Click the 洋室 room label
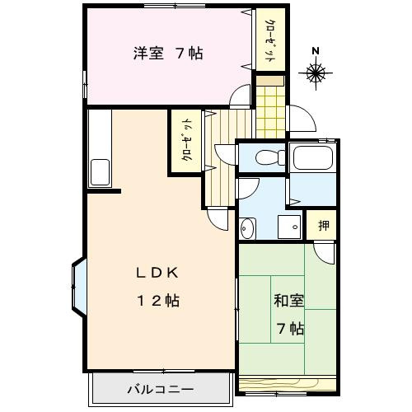pos(148,55)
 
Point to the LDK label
pos(158,274)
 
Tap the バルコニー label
pos(161,388)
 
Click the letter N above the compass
pos(316,50)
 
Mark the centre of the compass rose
pos(316,74)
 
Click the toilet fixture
pos(267,157)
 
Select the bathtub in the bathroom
pos(312,158)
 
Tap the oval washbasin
pos(247,227)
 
